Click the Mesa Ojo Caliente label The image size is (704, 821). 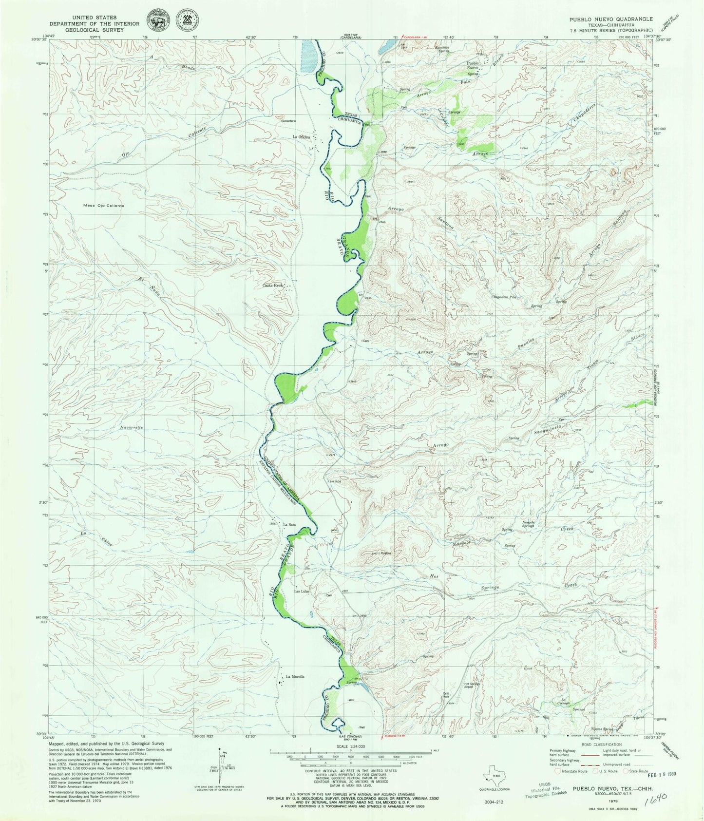click(100, 206)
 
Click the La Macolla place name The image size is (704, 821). click(295, 676)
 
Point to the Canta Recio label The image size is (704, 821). click(273, 285)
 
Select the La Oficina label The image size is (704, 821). click(302, 137)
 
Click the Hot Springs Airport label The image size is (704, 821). click(472, 685)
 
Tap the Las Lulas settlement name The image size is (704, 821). click(302, 592)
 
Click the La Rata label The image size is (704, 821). click(289, 525)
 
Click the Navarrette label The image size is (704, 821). click(130, 427)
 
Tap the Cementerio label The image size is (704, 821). click(288, 121)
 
